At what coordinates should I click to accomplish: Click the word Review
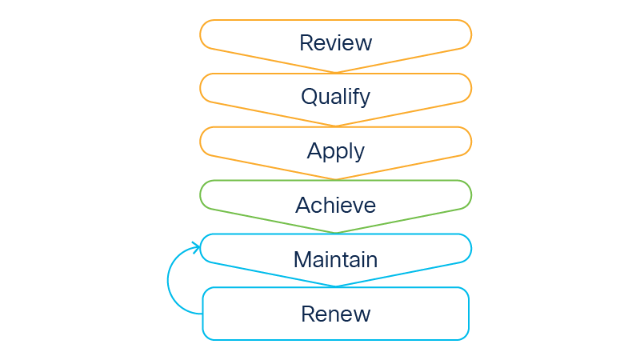click(335, 42)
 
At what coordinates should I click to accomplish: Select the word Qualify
click(335, 97)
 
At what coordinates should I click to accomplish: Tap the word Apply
click(335, 151)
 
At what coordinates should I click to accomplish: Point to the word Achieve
click(335, 206)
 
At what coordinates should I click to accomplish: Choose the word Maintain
click(335, 260)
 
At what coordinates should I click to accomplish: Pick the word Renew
click(335, 314)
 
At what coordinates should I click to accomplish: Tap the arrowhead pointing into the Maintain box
click(194, 247)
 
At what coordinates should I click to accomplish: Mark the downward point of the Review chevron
click(335, 72)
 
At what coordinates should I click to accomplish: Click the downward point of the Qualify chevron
click(335, 126)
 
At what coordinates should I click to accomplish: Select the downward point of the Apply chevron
click(335, 179)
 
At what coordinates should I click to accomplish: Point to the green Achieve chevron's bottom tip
click(335, 233)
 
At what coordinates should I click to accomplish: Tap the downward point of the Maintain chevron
click(335, 286)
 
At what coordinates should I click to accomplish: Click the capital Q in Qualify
click(309, 97)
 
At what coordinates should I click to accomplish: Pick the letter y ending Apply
click(359, 153)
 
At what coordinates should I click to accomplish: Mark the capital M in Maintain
click(302, 260)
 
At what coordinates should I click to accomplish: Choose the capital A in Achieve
click(303, 206)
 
